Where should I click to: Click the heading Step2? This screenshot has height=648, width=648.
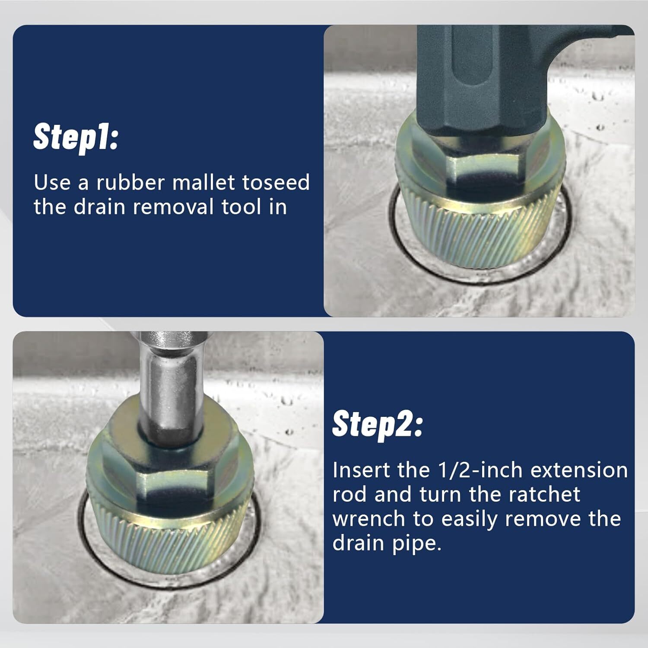pyautogui.click(x=377, y=424)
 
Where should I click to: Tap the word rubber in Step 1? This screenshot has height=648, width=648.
pyautogui.click(x=130, y=182)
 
